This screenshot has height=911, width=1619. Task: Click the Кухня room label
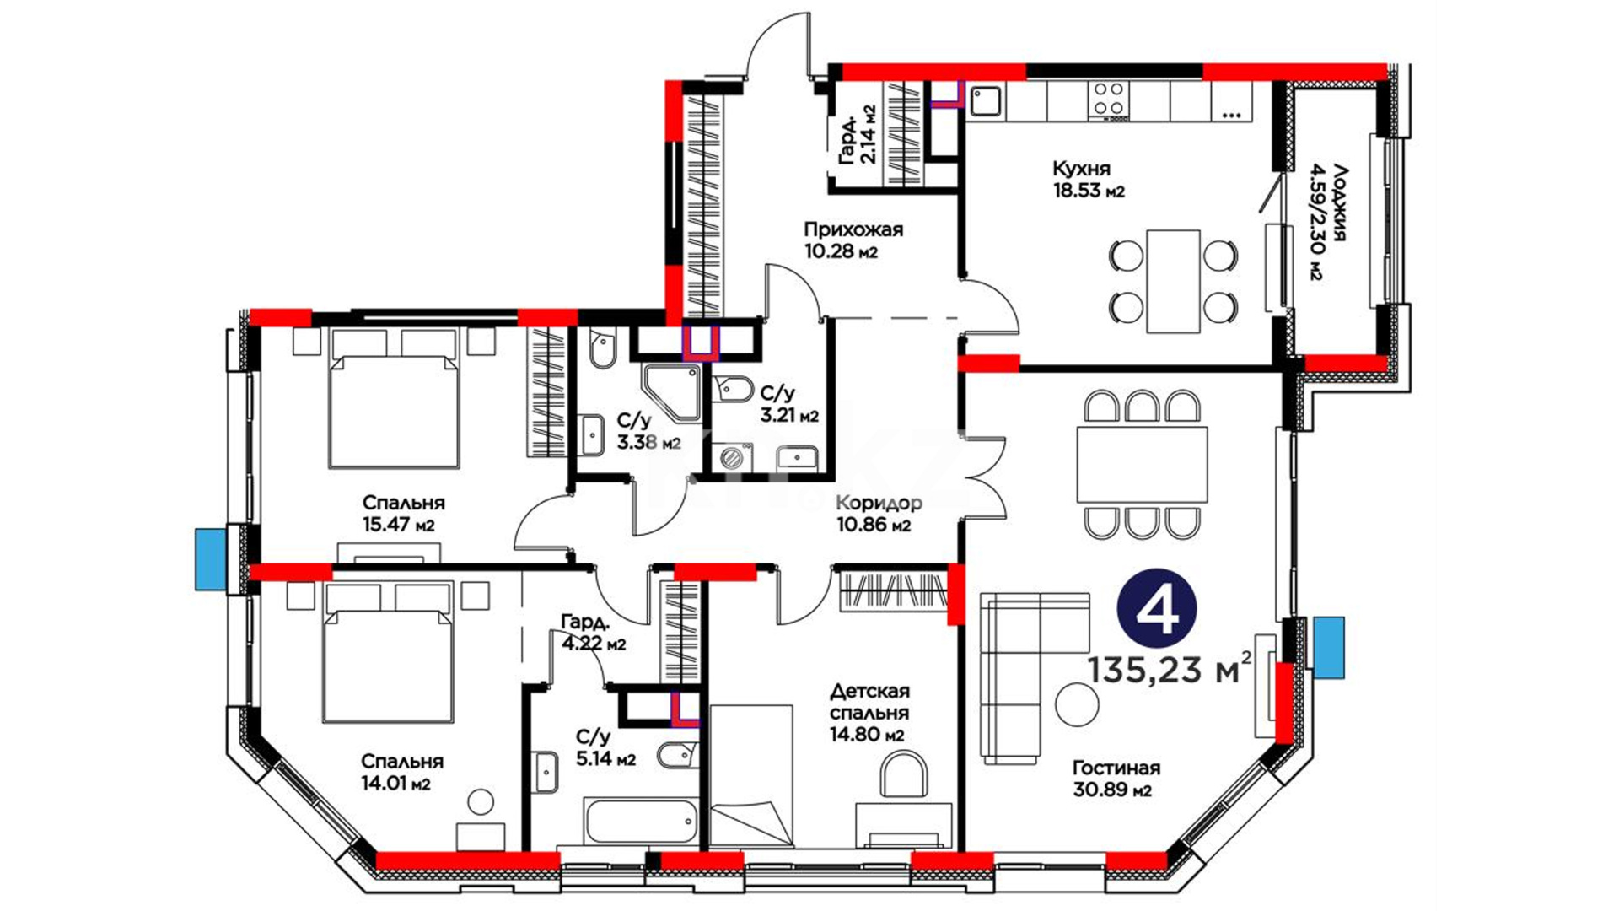(x=1081, y=169)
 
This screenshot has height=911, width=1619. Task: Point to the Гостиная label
(x=1116, y=768)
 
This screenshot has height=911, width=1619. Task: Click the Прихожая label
(x=853, y=229)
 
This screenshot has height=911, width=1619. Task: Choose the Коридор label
(x=879, y=504)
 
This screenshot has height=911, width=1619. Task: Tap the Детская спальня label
(x=869, y=702)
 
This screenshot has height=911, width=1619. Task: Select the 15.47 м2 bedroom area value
(x=399, y=525)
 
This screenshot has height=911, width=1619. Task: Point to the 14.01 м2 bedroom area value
(x=395, y=784)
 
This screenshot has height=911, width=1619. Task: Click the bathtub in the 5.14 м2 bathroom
(x=640, y=822)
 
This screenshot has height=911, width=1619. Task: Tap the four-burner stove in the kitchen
(x=1108, y=100)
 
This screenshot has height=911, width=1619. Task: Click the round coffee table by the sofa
(x=1077, y=704)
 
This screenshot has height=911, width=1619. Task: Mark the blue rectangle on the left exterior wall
(x=212, y=558)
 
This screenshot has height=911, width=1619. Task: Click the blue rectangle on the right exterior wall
(x=1329, y=648)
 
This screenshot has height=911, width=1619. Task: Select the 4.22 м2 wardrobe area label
(x=594, y=644)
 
